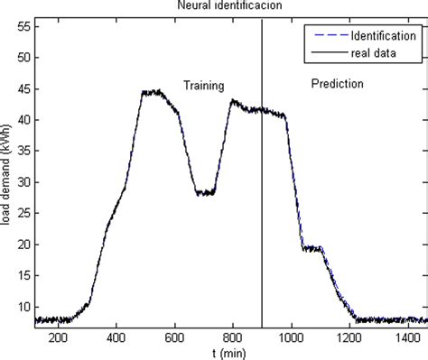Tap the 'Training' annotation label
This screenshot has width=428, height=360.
click(204, 86)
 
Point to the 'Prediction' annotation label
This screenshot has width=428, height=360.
click(338, 84)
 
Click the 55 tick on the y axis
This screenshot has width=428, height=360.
click(24, 27)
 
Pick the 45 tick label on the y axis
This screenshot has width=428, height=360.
click(24, 88)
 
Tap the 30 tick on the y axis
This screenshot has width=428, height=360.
click(24, 182)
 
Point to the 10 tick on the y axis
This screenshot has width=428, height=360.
click(24, 307)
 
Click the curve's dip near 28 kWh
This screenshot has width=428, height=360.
click(204, 193)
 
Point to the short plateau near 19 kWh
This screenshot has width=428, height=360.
click(313, 248)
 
